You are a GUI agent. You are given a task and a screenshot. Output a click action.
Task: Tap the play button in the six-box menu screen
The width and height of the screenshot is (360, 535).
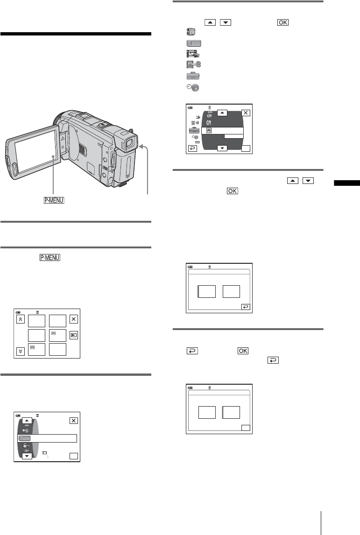click(73, 335)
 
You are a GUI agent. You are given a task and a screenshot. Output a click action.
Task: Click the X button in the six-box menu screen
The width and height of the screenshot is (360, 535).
click(73, 319)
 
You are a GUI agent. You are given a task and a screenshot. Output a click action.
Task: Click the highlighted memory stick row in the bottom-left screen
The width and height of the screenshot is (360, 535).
click(47, 438)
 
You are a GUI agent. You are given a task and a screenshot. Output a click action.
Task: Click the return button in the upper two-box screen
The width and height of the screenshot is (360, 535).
click(246, 307)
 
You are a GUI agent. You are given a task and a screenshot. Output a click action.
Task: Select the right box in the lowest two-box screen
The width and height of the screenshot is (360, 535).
click(231, 413)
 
